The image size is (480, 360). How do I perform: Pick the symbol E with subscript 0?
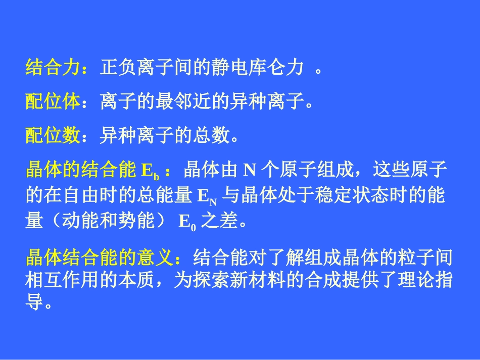click(x=186, y=223)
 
